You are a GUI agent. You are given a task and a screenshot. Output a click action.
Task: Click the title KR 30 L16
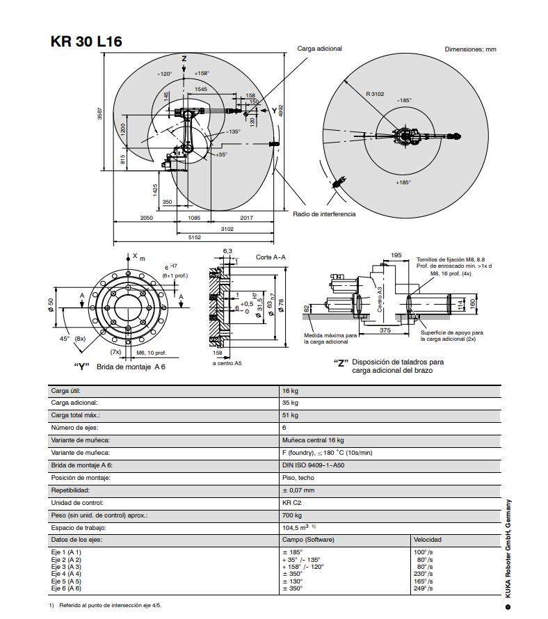[86, 41]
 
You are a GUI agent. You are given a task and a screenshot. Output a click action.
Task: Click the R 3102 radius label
[376, 94]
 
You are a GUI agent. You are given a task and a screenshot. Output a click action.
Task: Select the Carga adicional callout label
[319, 49]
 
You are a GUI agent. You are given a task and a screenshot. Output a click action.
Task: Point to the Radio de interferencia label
[323, 214]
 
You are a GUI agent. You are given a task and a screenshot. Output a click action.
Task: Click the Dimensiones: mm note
[470, 49]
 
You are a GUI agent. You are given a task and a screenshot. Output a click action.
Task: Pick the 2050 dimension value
[146, 218]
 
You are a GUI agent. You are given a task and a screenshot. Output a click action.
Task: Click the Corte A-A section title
[271, 257]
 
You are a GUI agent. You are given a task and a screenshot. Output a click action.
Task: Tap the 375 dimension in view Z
[385, 330]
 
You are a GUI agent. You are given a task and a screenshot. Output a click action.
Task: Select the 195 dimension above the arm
[396, 256]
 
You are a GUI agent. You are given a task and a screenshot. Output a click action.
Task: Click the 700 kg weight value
[292, 515]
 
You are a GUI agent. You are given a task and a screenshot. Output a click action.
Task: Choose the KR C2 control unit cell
[291, 503]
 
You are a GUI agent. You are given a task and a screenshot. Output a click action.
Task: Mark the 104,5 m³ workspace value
[298, 528]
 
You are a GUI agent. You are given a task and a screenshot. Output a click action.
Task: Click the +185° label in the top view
[403, 182]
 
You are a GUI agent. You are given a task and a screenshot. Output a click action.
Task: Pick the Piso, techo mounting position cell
[298, 478]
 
